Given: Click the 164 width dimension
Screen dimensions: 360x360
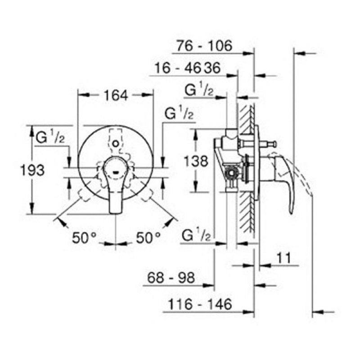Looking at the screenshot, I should coord(116,95).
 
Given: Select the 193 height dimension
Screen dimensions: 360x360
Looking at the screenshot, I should coord(35,170).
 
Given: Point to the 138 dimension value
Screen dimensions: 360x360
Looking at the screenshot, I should coord(197,161).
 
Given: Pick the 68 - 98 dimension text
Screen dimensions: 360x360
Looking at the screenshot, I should coord(171,278).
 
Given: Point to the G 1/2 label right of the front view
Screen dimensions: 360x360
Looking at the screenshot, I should coord(179,113).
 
